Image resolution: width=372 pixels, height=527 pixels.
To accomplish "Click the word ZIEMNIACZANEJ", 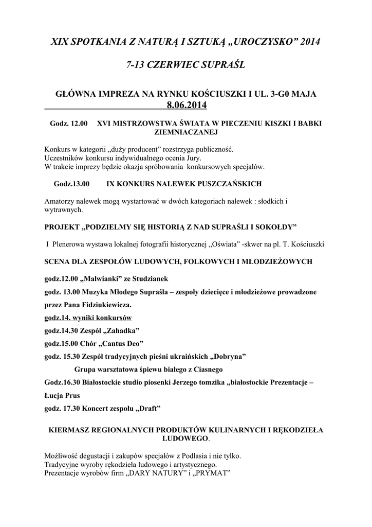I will (x=185, y=132).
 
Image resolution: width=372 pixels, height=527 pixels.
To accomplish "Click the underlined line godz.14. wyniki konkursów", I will (x=88, y=317).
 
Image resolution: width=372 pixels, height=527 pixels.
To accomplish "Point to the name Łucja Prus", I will (x=63, y=396).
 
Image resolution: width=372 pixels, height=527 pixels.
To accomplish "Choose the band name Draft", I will (x=147, y=409).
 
